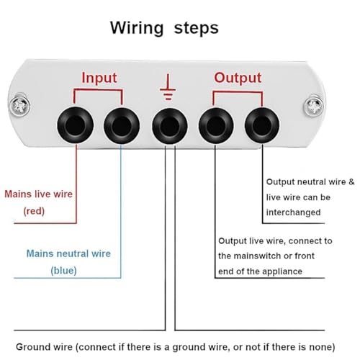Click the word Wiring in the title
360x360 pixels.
pos(137,29)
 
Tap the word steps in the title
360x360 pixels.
pos(197,29)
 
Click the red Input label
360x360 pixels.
pos(99,78)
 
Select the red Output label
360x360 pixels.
pos(238,78)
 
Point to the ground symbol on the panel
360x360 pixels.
pos(168,87)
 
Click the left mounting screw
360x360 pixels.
pos(20,105)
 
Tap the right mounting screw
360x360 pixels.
pos(314,106)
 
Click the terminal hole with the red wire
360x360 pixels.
pos(76,125)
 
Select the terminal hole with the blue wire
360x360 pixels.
pos(122,125)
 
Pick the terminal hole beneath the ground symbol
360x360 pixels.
pos(170,126)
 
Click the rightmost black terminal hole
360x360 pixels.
pos(262,125)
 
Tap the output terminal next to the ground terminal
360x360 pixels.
pos(216,125)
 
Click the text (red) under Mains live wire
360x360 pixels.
pos(34,211)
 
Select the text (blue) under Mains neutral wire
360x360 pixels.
pos(63,271)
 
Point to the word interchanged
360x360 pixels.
pos(293,212)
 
